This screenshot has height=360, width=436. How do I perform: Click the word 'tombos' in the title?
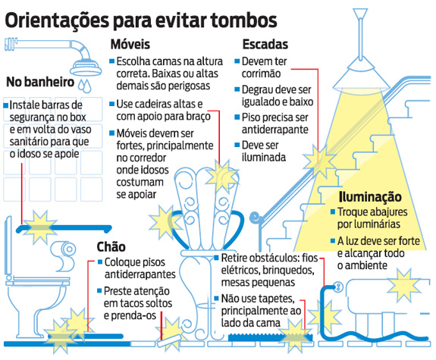coord(244,20)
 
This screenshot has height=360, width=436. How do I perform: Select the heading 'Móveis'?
coord(130,44)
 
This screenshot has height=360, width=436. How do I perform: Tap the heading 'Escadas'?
coord(265,44)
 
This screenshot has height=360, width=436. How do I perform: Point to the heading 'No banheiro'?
coord(40,82)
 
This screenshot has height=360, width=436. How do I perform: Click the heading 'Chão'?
coord(111,246)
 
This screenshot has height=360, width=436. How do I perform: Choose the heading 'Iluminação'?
coord(370,197)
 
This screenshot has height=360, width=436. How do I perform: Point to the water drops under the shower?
coord(84,86)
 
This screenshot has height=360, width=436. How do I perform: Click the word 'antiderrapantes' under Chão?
coord(140,274)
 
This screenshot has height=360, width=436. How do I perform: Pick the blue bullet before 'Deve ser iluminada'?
coord(237,145)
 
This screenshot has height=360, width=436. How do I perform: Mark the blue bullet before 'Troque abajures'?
coord(333,211)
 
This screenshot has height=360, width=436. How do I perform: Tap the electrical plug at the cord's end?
coord(337,286)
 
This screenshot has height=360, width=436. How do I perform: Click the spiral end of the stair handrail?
coord(255,217)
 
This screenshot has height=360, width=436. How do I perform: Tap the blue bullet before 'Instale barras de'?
coord(6,105)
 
